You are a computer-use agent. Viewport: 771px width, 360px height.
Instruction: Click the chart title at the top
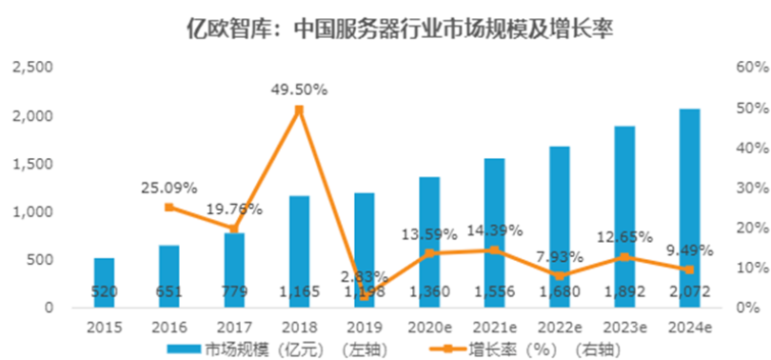(385, 29)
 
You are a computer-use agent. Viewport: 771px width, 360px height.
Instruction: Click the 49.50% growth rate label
(299, 90)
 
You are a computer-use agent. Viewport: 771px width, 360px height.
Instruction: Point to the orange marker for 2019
(365, 296)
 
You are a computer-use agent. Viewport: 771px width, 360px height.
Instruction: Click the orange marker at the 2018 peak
(299, 110)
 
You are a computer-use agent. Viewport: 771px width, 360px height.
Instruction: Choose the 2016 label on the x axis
(168, 328)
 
